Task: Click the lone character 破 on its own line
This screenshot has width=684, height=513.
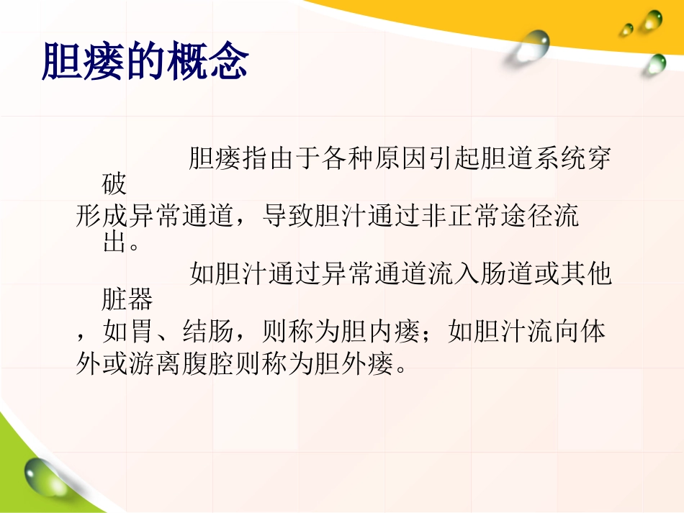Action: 114,185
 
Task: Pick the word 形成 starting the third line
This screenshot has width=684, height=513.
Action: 101,217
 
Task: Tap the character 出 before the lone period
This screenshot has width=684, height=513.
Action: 114,243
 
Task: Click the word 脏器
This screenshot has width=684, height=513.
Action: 127,301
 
